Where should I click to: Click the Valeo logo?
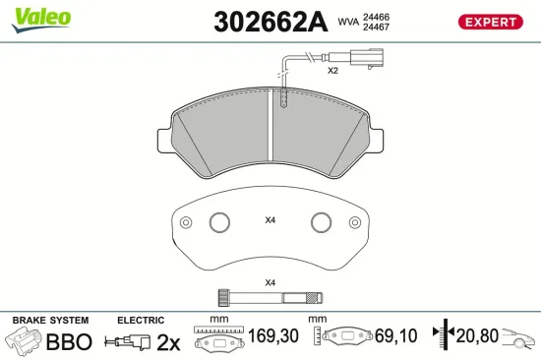tap(40, 20)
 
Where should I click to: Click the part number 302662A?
tap(270, 22)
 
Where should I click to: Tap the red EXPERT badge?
tap(490, 22)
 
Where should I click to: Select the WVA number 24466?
tap(376, 17)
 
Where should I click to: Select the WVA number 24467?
tap(376, 27)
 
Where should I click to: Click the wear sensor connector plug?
tap(367, 58)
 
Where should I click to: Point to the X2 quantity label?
tap(332, 71)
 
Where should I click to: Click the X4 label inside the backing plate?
tap(270, 220)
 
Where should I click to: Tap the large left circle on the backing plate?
tap(219, 222)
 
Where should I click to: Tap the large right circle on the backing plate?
tap(322, 222)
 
